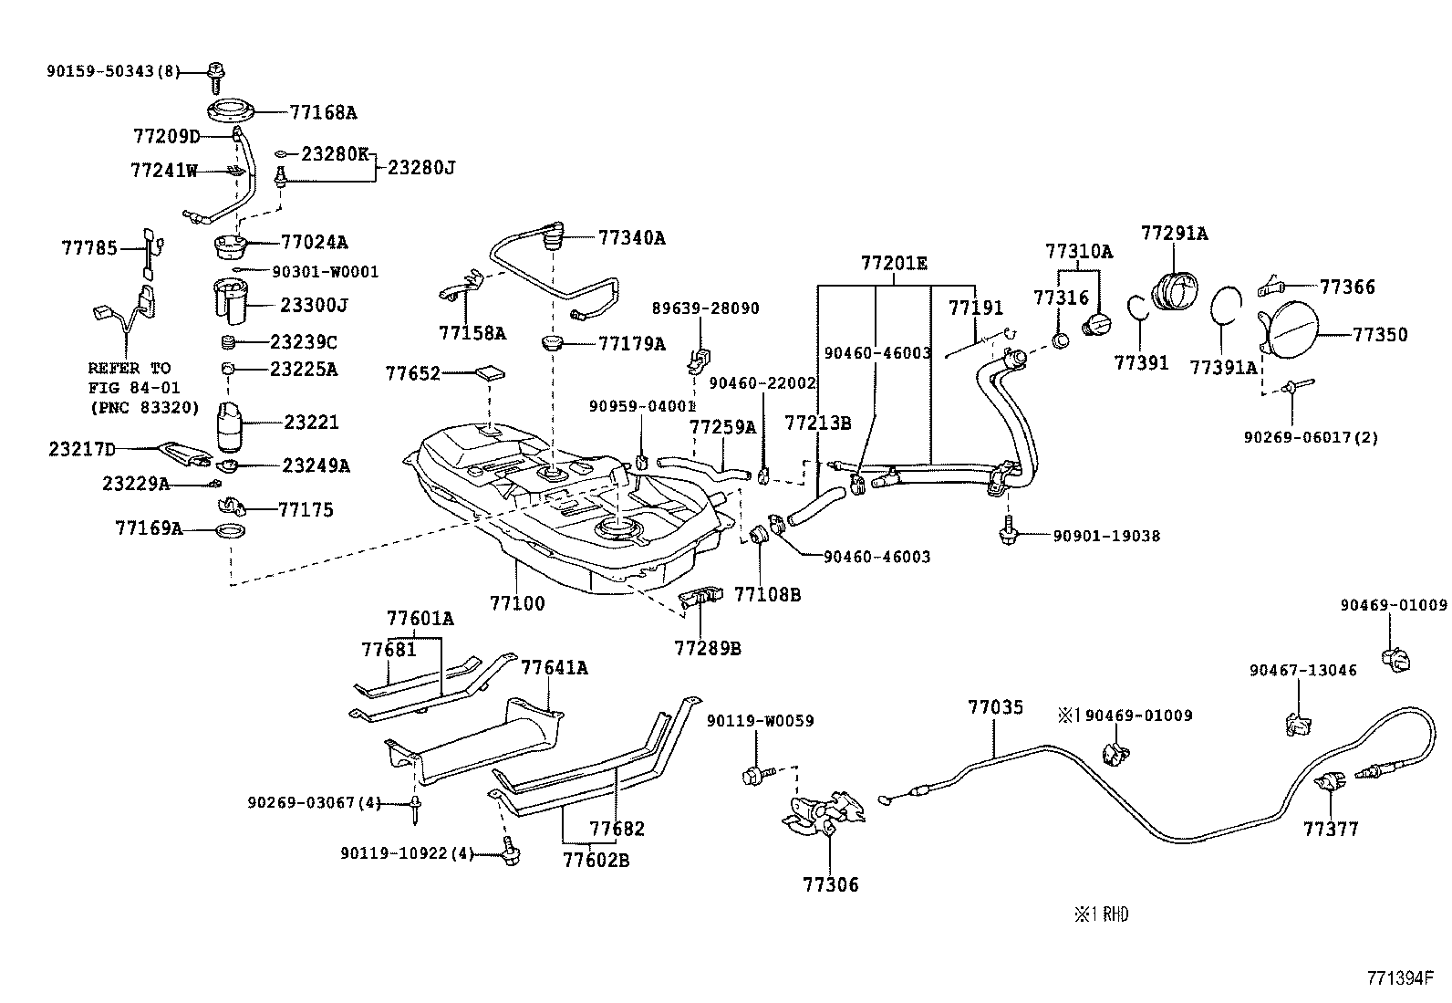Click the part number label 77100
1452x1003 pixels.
(x=517, y=603)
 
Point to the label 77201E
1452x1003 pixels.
(x=894, y=264)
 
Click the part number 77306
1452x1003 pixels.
(x=831, y=884)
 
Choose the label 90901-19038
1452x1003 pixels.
(x=1106, y=536)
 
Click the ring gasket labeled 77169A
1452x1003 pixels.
(x=232, y=531)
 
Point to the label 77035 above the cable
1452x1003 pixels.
(x=996, y=707)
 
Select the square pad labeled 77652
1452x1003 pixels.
(x=492, y=373)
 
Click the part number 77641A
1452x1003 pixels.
(x=555, y=668)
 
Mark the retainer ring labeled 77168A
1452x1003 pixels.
(x=230, y=114)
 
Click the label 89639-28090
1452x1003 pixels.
(x=705, y=308)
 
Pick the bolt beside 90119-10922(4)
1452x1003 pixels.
(x=509, y=854)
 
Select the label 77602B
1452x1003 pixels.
(x=596, y=860)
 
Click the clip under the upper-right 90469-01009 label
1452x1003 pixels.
(x=1396, y=656)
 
